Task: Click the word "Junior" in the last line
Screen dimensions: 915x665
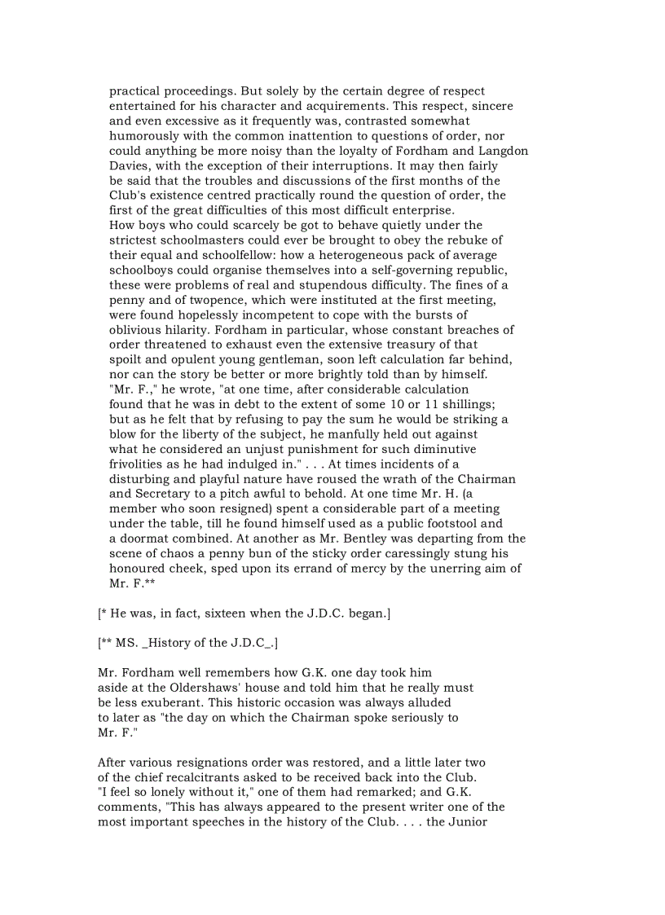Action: (466, 822)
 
